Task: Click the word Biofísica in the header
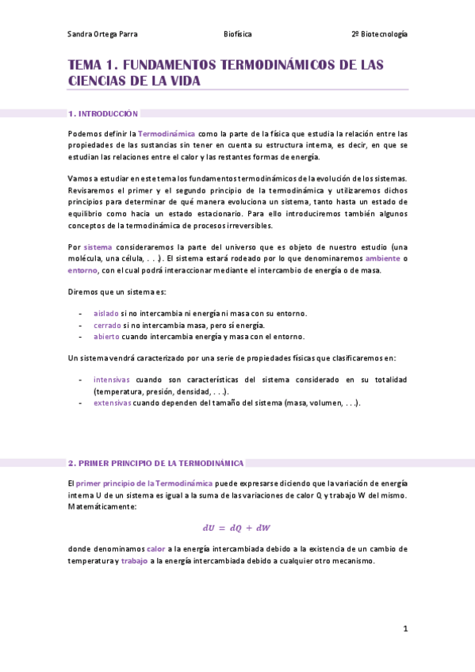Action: (237, 35)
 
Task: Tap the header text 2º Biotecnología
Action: (379, 35)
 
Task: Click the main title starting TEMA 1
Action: (225, 72)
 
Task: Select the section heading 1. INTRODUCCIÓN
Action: (103, 114)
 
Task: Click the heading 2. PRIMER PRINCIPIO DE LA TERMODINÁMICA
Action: (156, 463)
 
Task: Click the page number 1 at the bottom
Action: (405, 629)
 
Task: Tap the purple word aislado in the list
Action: (105, 314)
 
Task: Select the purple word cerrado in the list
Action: (107, 325)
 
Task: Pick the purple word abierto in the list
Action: (106, 336)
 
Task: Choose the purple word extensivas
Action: (112, 403)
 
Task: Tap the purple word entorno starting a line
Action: (82, 270)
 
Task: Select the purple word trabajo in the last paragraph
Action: (134, 561)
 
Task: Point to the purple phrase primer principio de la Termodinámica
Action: (144, 483)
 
